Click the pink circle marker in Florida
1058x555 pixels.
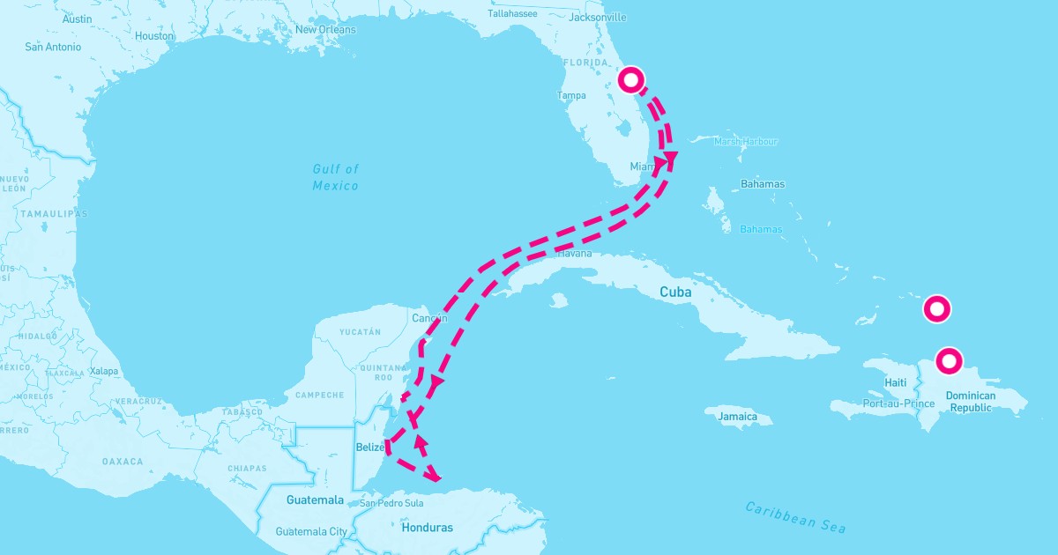[x=631, y=80]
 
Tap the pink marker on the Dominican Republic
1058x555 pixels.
[x=949, y=360]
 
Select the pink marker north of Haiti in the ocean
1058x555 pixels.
[x=936, y=309]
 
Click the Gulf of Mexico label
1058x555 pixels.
[x=336, y=177]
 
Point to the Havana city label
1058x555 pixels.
[x=575, y=254]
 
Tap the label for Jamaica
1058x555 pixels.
[x=738, y=417]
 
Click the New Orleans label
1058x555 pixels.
[x=325, y=30]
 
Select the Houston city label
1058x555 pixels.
[x=155, y=36]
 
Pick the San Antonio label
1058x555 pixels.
[x=53, y=47]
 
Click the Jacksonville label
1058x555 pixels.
[x=598, y=17]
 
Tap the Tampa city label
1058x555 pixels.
[x=571, y=96]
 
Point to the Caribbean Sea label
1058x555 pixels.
[x=795, y=517]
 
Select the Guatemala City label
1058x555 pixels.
[x=311, y=532]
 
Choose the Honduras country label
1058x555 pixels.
[x=427, y=529]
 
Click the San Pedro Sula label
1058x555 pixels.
[x=391, y=504]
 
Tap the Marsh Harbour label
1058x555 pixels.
[x=746, y=141]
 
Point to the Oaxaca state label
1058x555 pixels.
[x=123, y=462]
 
